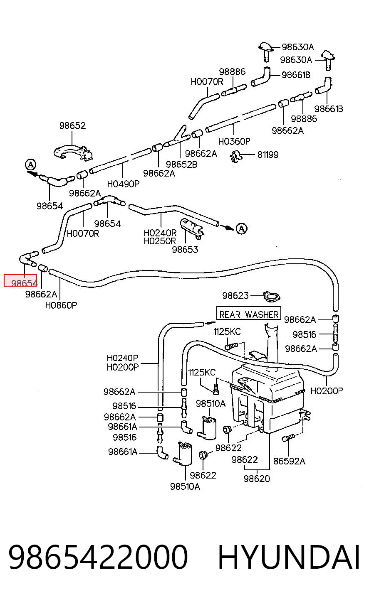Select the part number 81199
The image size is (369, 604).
click(267, 155)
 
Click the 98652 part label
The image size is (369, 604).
click(72, 125)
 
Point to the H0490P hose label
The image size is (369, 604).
click(123, 184)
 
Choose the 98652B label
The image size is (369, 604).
click(181, 164)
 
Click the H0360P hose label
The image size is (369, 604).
click(234, 141)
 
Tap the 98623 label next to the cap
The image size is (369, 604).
click(235, 295)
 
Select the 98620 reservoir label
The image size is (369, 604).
click(257, 479)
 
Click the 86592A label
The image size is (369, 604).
click(289, 461)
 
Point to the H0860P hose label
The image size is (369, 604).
click(61, 305)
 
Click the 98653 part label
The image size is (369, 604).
click(185, 249)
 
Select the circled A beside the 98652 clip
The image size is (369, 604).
click(30, 165)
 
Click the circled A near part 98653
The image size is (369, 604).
click(241, 228)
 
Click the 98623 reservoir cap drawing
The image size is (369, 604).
click(272, 297)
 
